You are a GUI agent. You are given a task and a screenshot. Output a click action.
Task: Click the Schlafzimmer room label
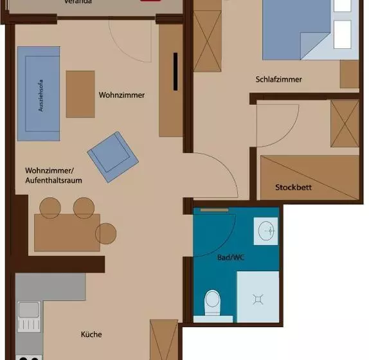point(278,80)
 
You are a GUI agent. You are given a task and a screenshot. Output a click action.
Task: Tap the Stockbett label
point(294,188)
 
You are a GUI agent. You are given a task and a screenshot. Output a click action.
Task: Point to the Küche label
point(91,334)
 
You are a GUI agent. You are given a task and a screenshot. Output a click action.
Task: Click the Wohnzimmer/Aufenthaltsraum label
point(53,175)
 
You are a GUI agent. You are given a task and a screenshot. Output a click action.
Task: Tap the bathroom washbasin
point(266,230)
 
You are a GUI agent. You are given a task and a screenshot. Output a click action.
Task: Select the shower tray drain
point(258,298)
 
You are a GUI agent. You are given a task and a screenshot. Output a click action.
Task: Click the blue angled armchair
point(112,154)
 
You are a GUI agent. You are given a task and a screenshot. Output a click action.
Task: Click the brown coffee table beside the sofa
point(80,94)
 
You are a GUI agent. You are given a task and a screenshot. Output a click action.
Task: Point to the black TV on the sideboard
point(174,71)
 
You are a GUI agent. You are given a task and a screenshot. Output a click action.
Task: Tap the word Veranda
point(78,2)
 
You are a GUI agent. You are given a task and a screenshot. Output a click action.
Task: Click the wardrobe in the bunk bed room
point(344,123)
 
